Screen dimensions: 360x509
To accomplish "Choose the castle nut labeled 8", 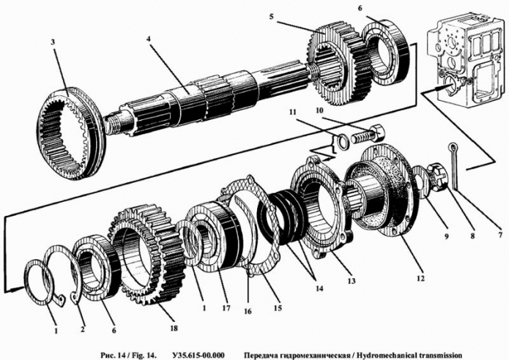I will pyautogui.click(x=439, y=175).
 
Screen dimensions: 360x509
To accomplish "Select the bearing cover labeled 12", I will pyautogui.click(x=380, y=197).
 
